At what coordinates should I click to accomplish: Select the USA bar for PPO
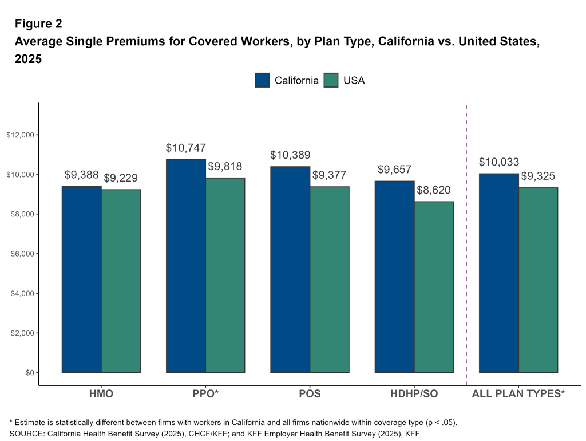click(x=225, y=275)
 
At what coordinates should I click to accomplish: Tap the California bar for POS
click(x=290, y=269)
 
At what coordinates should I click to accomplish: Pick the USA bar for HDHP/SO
click(x=434, y=287)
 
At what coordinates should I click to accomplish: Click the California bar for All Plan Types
click(x=499, y=273)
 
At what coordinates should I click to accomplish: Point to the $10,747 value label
click(x=186, y=148)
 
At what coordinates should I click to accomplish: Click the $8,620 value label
click(x=434, y=190)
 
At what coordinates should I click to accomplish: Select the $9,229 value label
click(x=121, y=178)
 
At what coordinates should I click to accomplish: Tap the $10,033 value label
click(x=499, y=162)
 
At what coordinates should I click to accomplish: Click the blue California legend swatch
click(x=263, y=80)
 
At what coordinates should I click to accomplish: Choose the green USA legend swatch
click(x=331, y=80)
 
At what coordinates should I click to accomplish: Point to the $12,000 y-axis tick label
click(x=21, y=135)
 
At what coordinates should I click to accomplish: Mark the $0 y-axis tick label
click(x=27, y=373)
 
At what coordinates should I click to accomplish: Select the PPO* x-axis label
click(x=205, y=394)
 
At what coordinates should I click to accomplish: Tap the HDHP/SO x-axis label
click(x=414, y=394)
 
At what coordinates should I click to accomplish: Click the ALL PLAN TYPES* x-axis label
click(x=518, y=394)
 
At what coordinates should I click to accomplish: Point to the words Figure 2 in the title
click(x=38, y=24)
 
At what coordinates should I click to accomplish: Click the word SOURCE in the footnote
click(x=26, y=434)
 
